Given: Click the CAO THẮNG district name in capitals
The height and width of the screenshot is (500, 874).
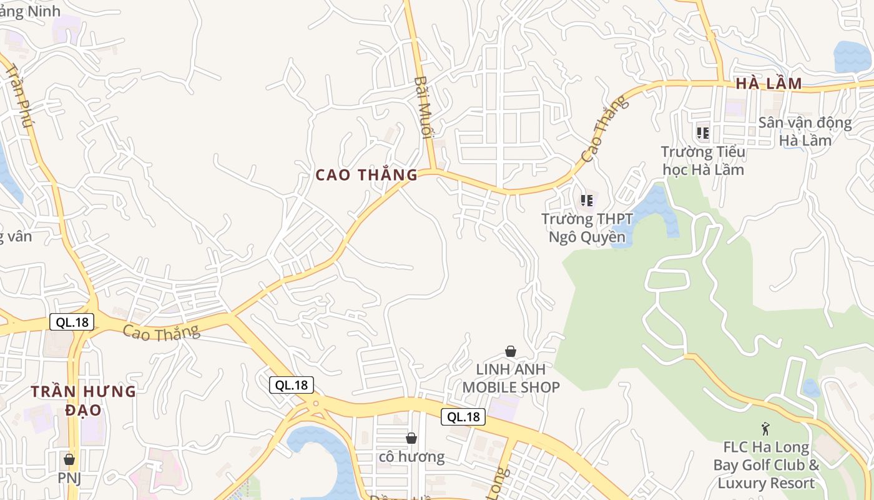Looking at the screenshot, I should pos(366,175).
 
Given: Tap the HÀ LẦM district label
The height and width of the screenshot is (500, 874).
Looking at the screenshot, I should pos(768,84).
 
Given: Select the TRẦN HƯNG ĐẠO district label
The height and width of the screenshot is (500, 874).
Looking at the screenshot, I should pos(84,401).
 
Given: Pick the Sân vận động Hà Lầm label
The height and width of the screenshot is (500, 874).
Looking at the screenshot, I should pos(805,131).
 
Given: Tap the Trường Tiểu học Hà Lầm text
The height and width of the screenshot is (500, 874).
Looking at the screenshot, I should pos(703,161).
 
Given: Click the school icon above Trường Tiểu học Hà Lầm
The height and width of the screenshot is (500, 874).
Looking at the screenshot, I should pos(703,132).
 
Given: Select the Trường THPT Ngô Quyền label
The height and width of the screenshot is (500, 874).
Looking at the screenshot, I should pos(587,228).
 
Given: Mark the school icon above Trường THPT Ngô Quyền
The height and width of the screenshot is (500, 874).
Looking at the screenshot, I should pos(587,201).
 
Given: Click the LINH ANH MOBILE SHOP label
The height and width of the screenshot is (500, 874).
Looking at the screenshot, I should pos(511,378).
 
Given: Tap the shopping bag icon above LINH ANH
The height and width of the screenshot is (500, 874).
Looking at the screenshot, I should pos(511,351).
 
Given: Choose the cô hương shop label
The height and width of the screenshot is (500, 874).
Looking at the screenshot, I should pos(411,457).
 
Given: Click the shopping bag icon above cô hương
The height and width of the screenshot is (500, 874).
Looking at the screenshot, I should pos(411,438).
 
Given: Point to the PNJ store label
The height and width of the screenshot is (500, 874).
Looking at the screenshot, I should pos(69,478).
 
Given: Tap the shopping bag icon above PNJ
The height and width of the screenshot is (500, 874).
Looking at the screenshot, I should pos(69,459).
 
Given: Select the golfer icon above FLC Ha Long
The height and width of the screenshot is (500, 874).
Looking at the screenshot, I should pos(766,429).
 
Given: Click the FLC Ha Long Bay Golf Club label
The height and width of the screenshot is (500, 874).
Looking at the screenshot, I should pos(766,466).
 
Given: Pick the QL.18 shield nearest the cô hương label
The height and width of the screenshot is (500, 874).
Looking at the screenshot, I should pos(463,417).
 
